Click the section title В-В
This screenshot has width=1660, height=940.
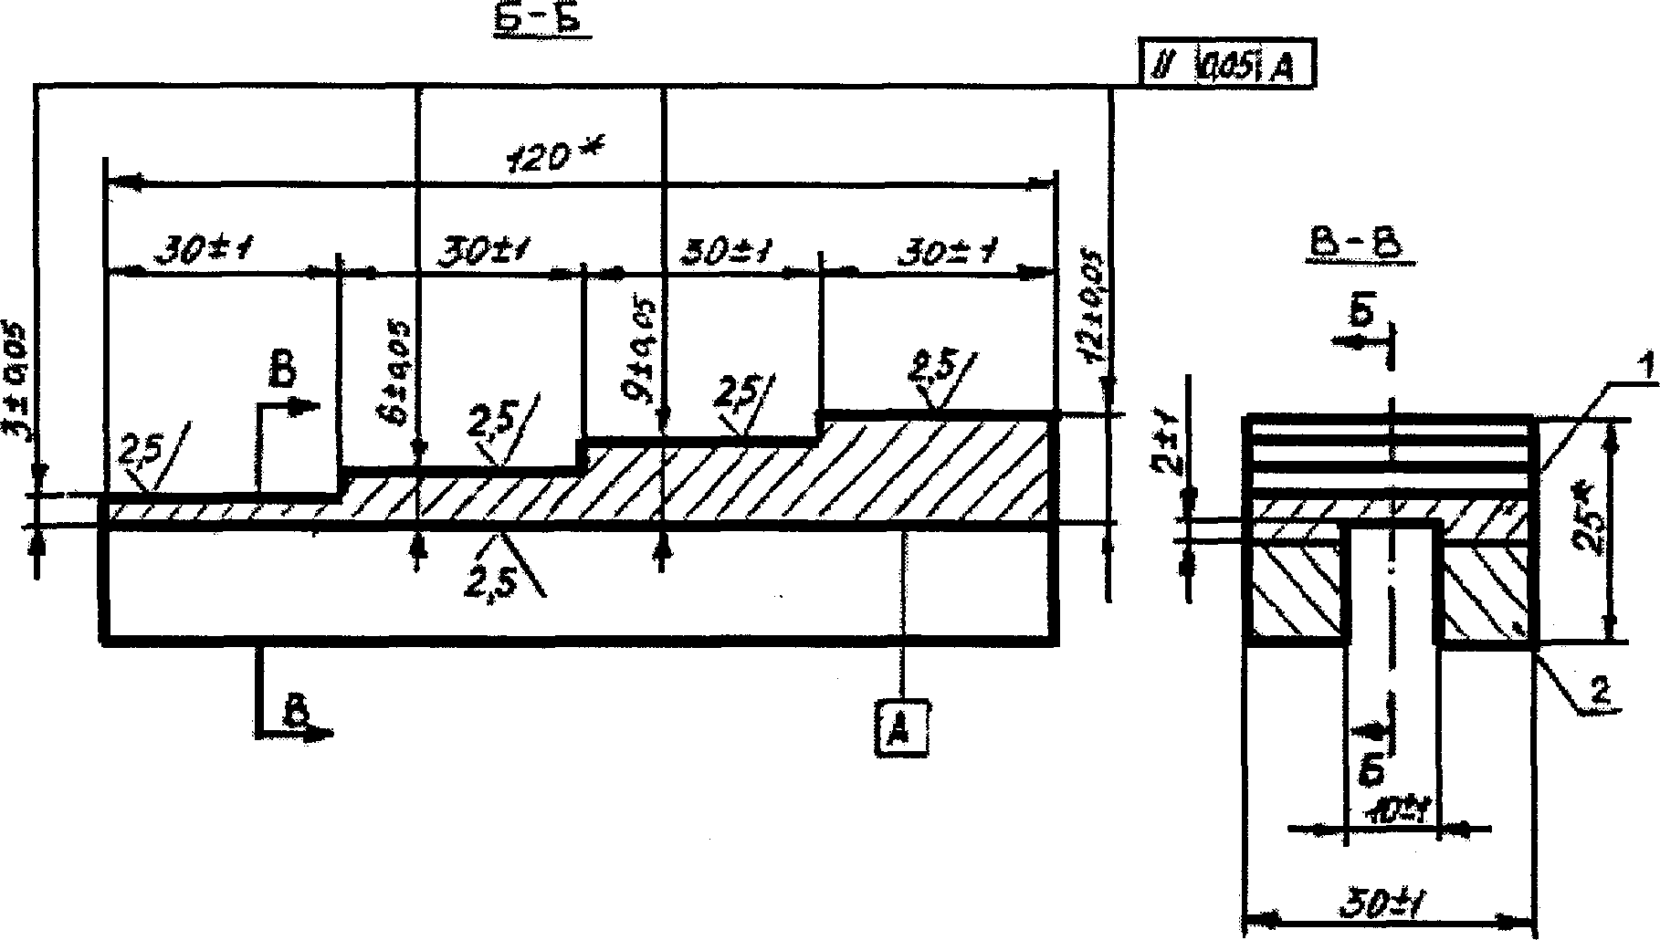[x=1359, y=245]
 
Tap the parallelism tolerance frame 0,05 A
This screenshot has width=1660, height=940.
[x=1228, y=67]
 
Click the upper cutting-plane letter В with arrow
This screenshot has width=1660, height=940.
[x=285, y=373]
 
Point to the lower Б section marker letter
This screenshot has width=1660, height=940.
[x=1371, y=769]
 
